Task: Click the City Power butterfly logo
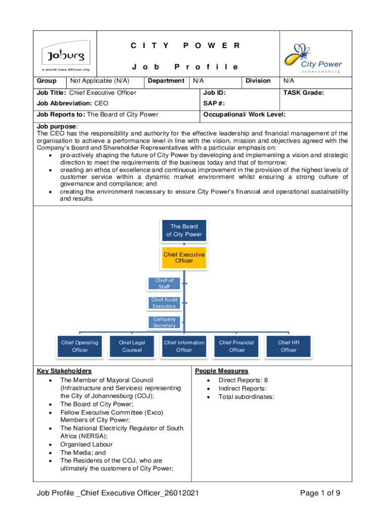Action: [x=311, y=57]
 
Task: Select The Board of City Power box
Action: [x=184, y=230]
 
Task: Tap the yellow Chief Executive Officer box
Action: [x=184, y=257]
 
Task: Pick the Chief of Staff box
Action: [x=164, y=283]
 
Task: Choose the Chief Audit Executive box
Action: [x=164, y=303]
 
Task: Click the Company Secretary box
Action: [x=164, y=322]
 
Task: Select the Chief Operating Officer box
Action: [x=80, y=346]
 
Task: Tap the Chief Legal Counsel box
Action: [x=132, y=346]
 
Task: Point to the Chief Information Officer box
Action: [x=184, y=346]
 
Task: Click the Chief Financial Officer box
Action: [x=237, y=346]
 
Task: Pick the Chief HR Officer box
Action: [x=289, y=346]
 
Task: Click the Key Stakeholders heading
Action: [x=64, y=371]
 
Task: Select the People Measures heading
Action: [x=222, y=371]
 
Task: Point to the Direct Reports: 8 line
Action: [x=243, y=380]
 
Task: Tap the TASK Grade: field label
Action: [x=303, y=93]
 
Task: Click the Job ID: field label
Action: [x=214, y=93]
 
